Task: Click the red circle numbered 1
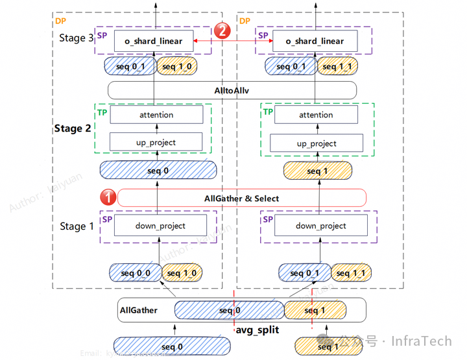108,197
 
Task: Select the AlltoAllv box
232,90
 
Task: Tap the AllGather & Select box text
241,198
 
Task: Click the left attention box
156,115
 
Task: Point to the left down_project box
160,226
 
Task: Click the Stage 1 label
77,226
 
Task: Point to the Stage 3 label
77,38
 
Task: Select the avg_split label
257,330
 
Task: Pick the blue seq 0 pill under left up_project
158,170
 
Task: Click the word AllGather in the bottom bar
138,310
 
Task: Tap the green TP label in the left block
102,112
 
